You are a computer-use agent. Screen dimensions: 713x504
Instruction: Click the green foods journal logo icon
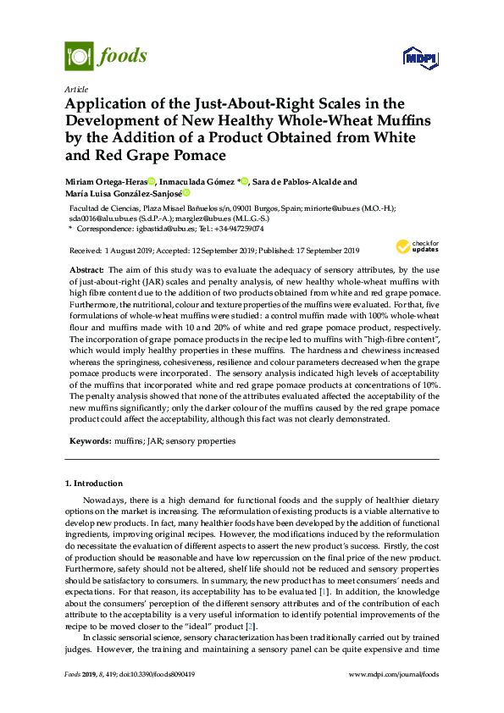(79, 57)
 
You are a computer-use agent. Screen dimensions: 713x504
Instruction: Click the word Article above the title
(76, 89)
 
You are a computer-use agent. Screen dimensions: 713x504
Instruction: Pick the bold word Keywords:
(89, 441)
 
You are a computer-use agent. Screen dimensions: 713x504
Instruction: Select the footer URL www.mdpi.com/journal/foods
(394, 675)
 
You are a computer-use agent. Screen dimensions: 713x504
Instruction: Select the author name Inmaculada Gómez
(198, 182)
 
